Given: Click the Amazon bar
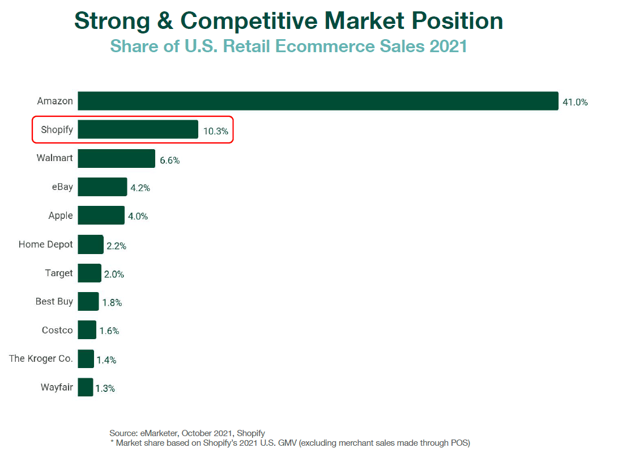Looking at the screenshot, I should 317,101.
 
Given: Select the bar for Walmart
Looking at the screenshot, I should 116,159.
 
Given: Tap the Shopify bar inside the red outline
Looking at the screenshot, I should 138,130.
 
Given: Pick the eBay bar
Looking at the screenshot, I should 102,187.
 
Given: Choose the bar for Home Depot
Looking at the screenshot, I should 91,244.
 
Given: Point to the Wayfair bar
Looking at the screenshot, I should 86,387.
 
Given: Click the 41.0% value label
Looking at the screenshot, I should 575,103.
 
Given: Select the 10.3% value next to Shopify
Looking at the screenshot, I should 216,132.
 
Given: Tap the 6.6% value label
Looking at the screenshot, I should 170,160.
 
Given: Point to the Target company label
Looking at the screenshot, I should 59,273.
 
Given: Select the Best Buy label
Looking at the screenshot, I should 54,302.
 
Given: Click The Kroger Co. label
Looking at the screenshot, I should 41,359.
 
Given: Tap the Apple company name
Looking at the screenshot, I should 61,216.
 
